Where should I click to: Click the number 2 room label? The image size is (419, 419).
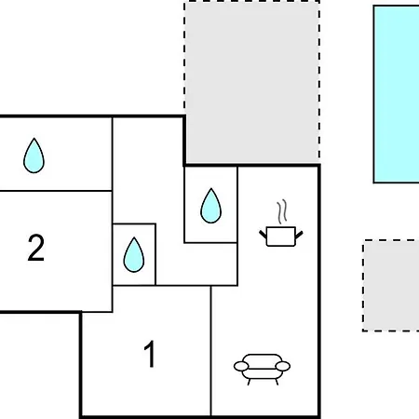[36, 248]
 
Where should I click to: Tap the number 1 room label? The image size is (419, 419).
[149, 354]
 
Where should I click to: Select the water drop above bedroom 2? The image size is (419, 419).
[34, 155]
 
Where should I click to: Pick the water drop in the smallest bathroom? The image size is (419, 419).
[134, 255]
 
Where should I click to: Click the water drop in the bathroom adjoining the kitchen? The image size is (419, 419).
[211, 206]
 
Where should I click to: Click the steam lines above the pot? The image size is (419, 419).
[282, 212]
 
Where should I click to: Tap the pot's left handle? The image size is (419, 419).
[263, 235]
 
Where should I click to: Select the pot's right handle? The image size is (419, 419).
[299, 235]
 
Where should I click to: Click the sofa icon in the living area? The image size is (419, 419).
[262, 369]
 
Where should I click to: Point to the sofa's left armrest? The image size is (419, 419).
[241, 366]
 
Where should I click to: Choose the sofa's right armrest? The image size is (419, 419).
[283, 366]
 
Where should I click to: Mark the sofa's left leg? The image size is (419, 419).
[249, 382]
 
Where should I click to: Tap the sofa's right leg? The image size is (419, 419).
[277, 382]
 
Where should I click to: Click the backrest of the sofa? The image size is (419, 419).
[262, 358]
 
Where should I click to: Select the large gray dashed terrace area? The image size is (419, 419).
[252, 82]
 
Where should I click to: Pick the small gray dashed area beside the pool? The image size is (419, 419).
[391, 286]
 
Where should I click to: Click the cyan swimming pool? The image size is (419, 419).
[397, 94]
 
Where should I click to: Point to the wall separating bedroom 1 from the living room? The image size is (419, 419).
[211, 351]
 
